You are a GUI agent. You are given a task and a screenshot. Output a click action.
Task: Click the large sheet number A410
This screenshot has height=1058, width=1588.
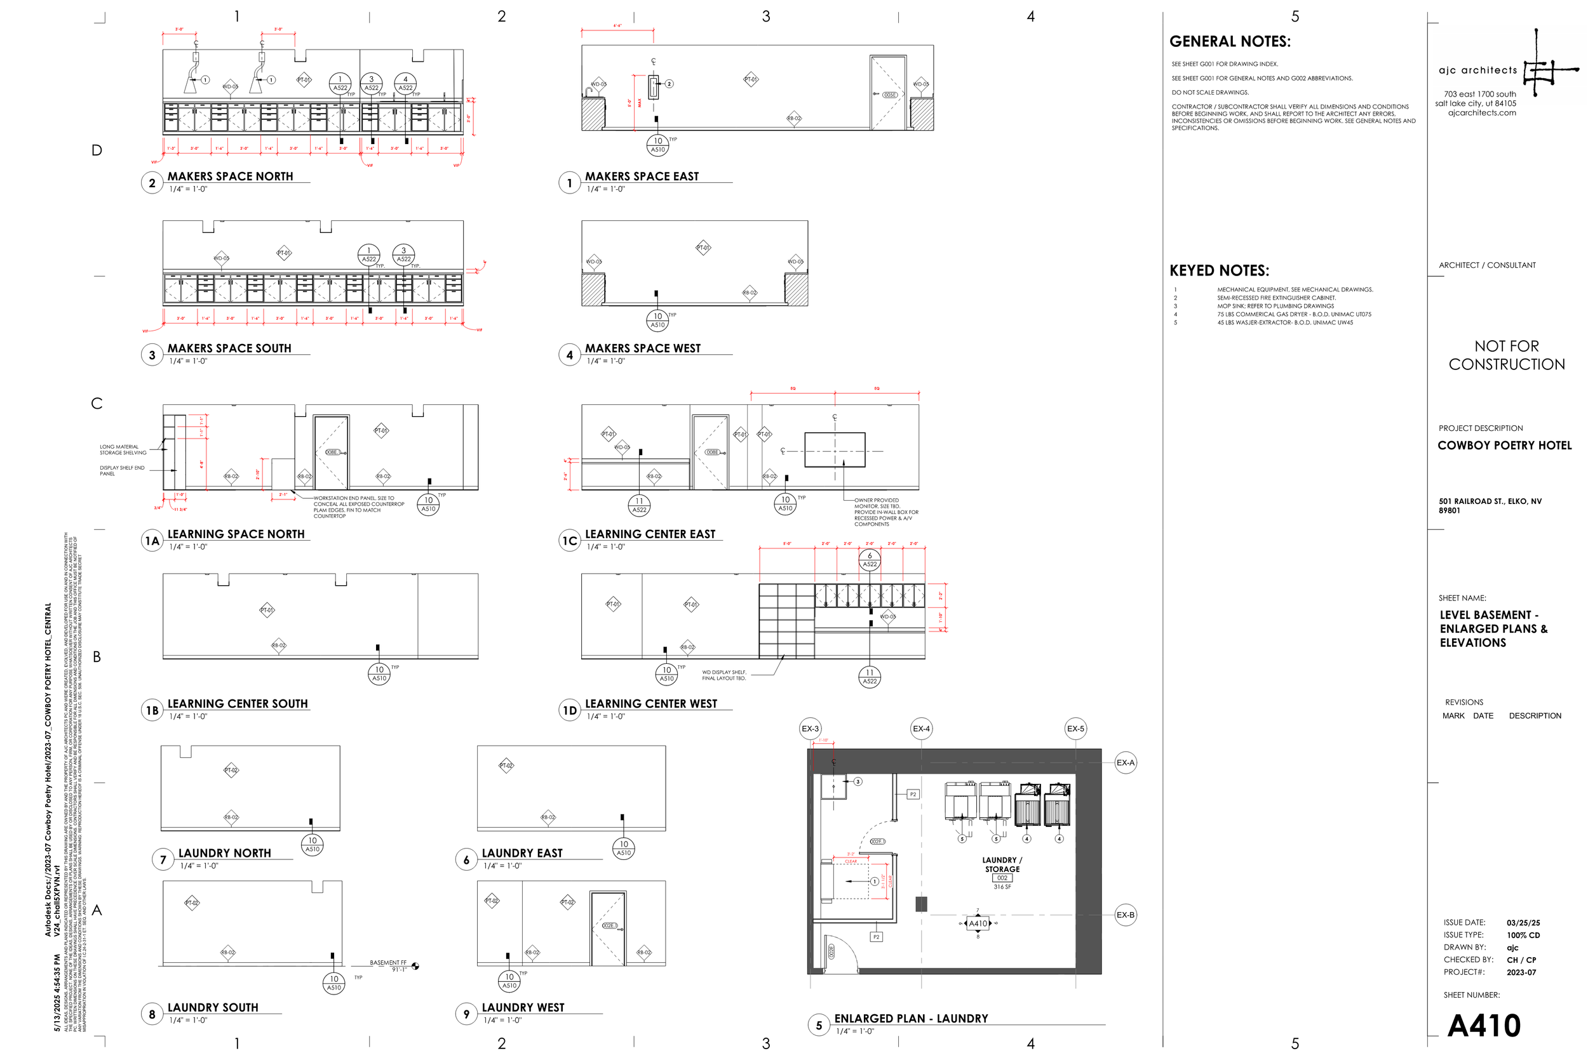point(1483,1026)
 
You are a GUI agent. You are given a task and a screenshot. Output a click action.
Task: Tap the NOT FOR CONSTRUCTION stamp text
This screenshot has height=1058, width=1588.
point(1506,355)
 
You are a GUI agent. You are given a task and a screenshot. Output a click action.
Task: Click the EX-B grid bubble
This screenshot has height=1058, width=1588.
point(1125,915)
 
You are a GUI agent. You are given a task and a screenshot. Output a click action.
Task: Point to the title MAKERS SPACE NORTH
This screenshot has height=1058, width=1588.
point(230,176)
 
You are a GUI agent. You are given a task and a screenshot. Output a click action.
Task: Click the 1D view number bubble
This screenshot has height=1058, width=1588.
point(569,710)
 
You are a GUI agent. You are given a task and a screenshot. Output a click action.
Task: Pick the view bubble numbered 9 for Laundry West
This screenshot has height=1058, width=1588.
point(466,1014)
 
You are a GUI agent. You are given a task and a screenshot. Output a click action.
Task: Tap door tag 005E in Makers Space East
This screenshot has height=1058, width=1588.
point(891,95)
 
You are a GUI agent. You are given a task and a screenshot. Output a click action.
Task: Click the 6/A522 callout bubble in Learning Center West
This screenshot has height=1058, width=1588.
point(870,560)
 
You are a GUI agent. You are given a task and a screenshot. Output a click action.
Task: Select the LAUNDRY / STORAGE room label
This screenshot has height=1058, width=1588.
point(1002,864)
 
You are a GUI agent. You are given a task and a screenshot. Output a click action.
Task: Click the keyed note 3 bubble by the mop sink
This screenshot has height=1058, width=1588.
point(858,781)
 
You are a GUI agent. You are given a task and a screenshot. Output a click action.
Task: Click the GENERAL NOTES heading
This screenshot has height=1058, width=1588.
point(1230,42)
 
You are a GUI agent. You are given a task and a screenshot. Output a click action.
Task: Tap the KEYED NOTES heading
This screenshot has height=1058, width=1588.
point(1219,270)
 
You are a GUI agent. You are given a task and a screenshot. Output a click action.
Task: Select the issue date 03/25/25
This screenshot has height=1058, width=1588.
point(1523,922)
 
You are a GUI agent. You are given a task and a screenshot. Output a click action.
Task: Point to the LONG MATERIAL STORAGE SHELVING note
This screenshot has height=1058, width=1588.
point(123,449)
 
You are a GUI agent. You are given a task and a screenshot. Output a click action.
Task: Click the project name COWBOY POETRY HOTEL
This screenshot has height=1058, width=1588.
point(1504,446)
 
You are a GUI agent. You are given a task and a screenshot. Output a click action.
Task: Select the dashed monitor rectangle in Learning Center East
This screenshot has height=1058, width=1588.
point(835,450)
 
